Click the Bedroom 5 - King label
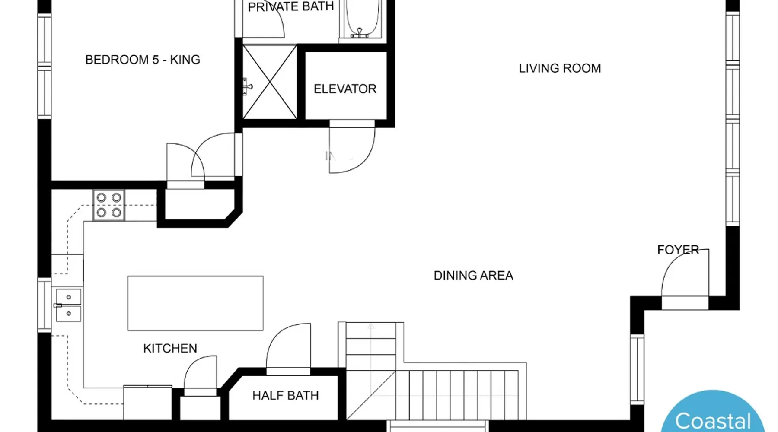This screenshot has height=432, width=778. pos(143,60)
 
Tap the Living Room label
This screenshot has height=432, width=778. pos(560,68)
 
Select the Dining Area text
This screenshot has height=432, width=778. pos(473,276)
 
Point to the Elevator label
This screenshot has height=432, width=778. pos(345,89)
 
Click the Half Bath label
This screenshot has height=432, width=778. pos(285,395)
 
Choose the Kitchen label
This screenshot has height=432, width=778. pos(170,348)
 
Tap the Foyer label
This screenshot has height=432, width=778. pos(678,250)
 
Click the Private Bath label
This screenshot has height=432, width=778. pos(290,6)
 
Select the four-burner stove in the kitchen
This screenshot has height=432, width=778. pos(109,205)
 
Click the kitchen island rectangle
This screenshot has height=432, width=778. pos(195,303)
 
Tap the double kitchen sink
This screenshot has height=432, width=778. pos(68,305)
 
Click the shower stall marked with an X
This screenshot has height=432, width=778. pos(270,82)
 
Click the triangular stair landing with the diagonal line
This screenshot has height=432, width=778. pos(371,395)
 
